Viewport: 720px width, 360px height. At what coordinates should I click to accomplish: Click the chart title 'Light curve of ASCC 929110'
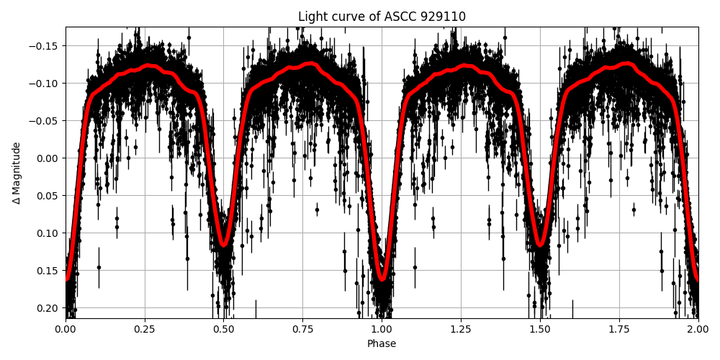tap(382, 17)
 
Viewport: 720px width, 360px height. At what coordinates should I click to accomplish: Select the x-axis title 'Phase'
tap(382, 344)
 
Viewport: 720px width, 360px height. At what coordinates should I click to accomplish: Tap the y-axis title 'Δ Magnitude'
tap(17, 173)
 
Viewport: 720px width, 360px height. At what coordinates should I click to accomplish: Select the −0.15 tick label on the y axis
tap(45, 45)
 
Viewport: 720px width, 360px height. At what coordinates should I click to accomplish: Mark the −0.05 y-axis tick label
tap(45, 120)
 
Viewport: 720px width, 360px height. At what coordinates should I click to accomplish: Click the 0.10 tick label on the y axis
tap(48, 233)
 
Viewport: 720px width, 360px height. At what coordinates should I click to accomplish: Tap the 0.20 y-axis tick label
tap(48, 307)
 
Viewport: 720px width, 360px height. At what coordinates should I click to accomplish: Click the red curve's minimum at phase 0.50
tap(224, 245)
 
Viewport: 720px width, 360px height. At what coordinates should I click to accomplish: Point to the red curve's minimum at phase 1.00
tap(382, 279)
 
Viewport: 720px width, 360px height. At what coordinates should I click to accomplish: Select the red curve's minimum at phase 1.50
tap(540, 245)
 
